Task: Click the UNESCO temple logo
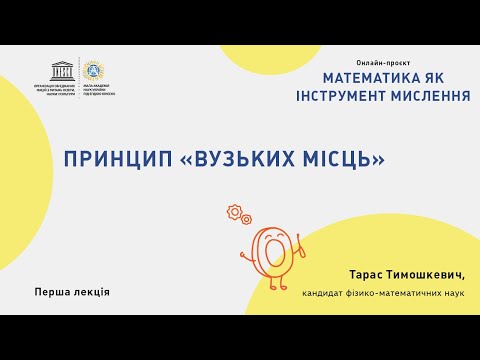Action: [61, 69]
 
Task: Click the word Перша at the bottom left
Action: [51, 292]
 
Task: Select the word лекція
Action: [90, 292]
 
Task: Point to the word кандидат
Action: [325, 293]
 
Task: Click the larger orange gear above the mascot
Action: [236, 212]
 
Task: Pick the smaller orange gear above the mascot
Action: [247, 220]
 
